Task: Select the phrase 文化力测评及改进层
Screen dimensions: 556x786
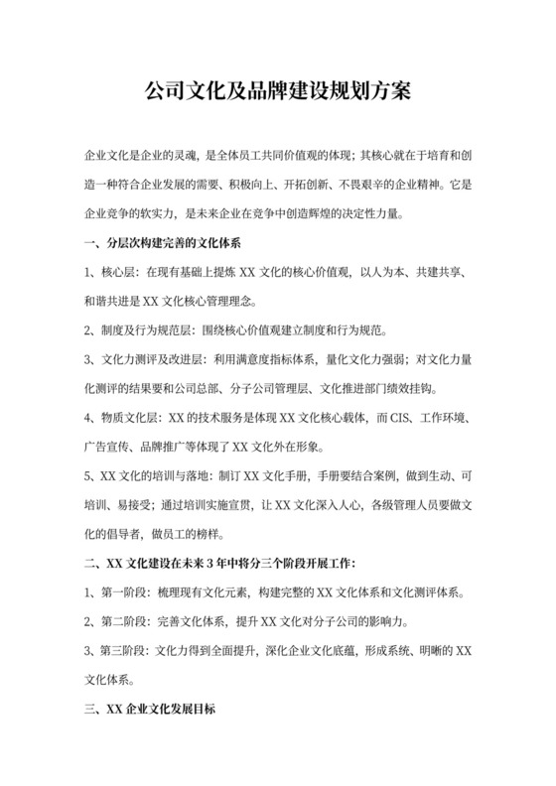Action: click(150, 359)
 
